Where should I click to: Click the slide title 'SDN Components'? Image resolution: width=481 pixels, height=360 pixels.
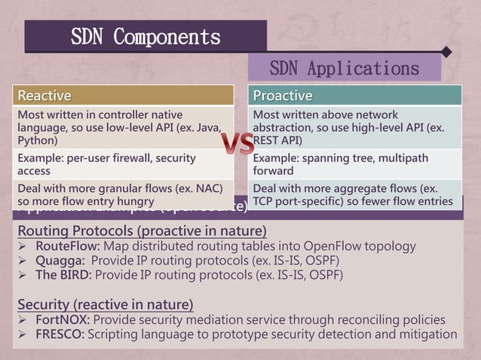146,36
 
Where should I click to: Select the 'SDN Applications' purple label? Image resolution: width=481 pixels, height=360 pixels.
344,68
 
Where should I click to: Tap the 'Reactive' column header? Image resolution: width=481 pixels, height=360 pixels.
44,96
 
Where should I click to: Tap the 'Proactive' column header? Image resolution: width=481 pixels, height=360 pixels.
283,96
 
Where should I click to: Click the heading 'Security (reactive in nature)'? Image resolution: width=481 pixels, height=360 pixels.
105,304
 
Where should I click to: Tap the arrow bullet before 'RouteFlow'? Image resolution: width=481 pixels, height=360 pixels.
23,246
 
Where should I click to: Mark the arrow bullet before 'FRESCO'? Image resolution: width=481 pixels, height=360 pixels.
23,334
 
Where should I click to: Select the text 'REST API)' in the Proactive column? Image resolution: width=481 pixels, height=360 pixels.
277,140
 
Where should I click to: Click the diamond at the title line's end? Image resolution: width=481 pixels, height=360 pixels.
447,52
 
